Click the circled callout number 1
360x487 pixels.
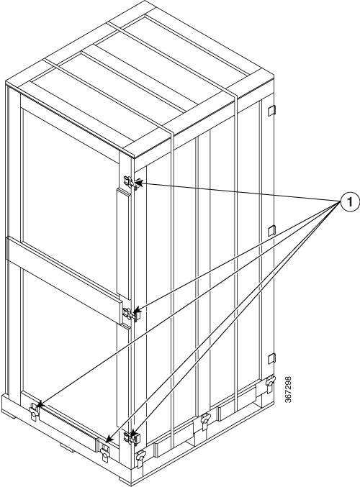(350, 202)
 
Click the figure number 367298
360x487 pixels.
(288, 390)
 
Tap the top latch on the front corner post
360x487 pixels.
(131, 182)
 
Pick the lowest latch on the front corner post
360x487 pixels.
(132, 437)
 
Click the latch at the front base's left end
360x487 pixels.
(34, 411)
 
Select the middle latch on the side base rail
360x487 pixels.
(205, 420)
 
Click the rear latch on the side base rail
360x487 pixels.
(270, 383)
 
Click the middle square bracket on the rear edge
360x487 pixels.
(271, 230)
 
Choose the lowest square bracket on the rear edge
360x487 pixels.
(271, 358)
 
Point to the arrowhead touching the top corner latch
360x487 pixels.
(139, 183)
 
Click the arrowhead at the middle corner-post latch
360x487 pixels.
(137, 310)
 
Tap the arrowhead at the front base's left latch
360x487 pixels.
(39, 405)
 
